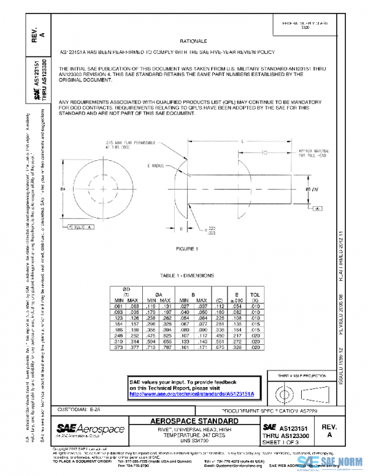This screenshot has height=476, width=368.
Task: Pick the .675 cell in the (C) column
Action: pyautogui.click(x=217, y=348)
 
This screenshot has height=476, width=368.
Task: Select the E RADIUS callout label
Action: pyautogui.click(x=158, y=166)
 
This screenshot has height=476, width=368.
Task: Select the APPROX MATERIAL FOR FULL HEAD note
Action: pyautogui.click(x=315, y=153)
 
